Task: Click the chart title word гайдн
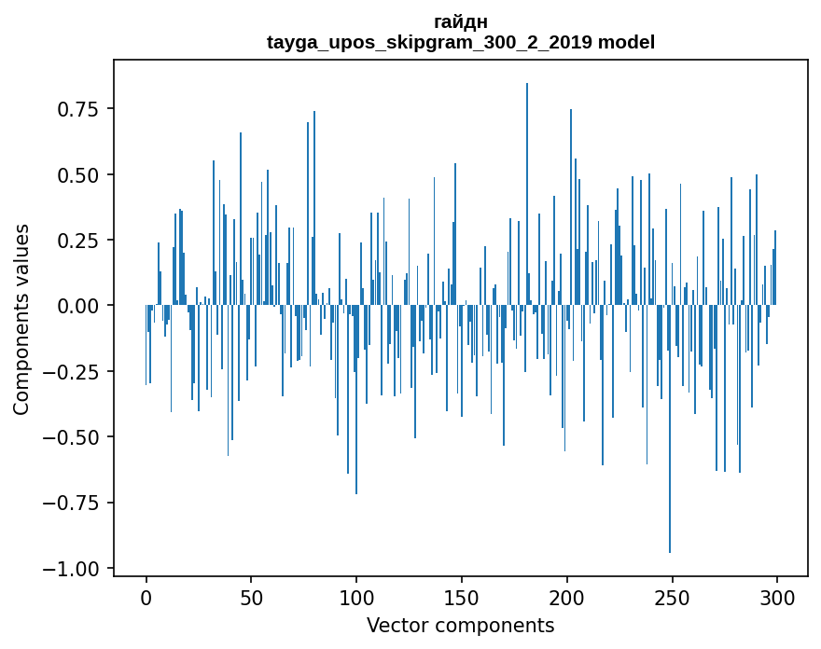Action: pyautogui.click(x=461, y=21)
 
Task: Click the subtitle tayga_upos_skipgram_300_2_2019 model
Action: pyautogui.click(x=461, y=42)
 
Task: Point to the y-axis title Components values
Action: pyautogui.click(x=21, y=319)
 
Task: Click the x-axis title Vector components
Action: pyautogui.click(x=461, y=626)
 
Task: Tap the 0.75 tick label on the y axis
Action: pyautogui.click(x=77, y=109)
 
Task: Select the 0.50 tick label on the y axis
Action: pyautogui.click(x=77, y=175)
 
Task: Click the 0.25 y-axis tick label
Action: pyautogui.click(x=77, y=241)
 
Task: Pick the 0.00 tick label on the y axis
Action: pyautogui.click(x=77, y=306)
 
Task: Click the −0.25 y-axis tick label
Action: pyautogui.click(x=71, y=372)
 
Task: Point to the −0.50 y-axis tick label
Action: pyautogui.click(x=71, y=437)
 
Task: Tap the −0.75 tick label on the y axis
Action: pyautogui.click(x=71, y=504)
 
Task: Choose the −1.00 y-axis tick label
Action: pyautogui.click(x=71, y=569)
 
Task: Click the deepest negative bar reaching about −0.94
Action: pyautogui.click(x=670, y=466)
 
